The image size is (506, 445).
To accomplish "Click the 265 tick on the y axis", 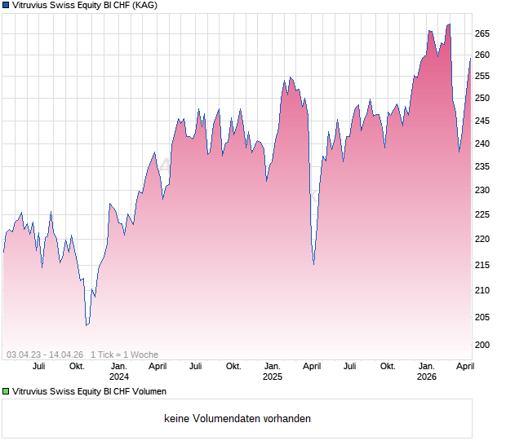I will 482,33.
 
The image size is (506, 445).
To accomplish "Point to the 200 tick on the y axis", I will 482,345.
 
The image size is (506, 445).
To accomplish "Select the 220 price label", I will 482,240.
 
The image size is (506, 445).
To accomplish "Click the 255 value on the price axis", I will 482,77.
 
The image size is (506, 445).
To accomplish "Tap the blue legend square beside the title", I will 6,5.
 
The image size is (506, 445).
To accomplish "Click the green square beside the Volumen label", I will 6,391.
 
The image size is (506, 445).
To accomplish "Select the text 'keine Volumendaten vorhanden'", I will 237,419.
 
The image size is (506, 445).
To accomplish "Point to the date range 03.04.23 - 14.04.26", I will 45,355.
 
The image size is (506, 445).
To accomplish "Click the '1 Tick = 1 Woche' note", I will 124,355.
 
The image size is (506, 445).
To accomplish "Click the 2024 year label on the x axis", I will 119,377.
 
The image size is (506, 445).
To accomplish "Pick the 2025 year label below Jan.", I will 273,377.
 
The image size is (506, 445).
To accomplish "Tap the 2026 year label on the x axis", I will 427,377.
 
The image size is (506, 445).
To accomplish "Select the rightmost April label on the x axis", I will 465,366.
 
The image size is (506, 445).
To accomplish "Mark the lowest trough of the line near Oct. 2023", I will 87,325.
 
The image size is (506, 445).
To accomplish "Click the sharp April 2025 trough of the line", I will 313,264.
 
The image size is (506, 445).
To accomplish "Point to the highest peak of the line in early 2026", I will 449,24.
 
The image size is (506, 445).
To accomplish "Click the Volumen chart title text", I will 90,391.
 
